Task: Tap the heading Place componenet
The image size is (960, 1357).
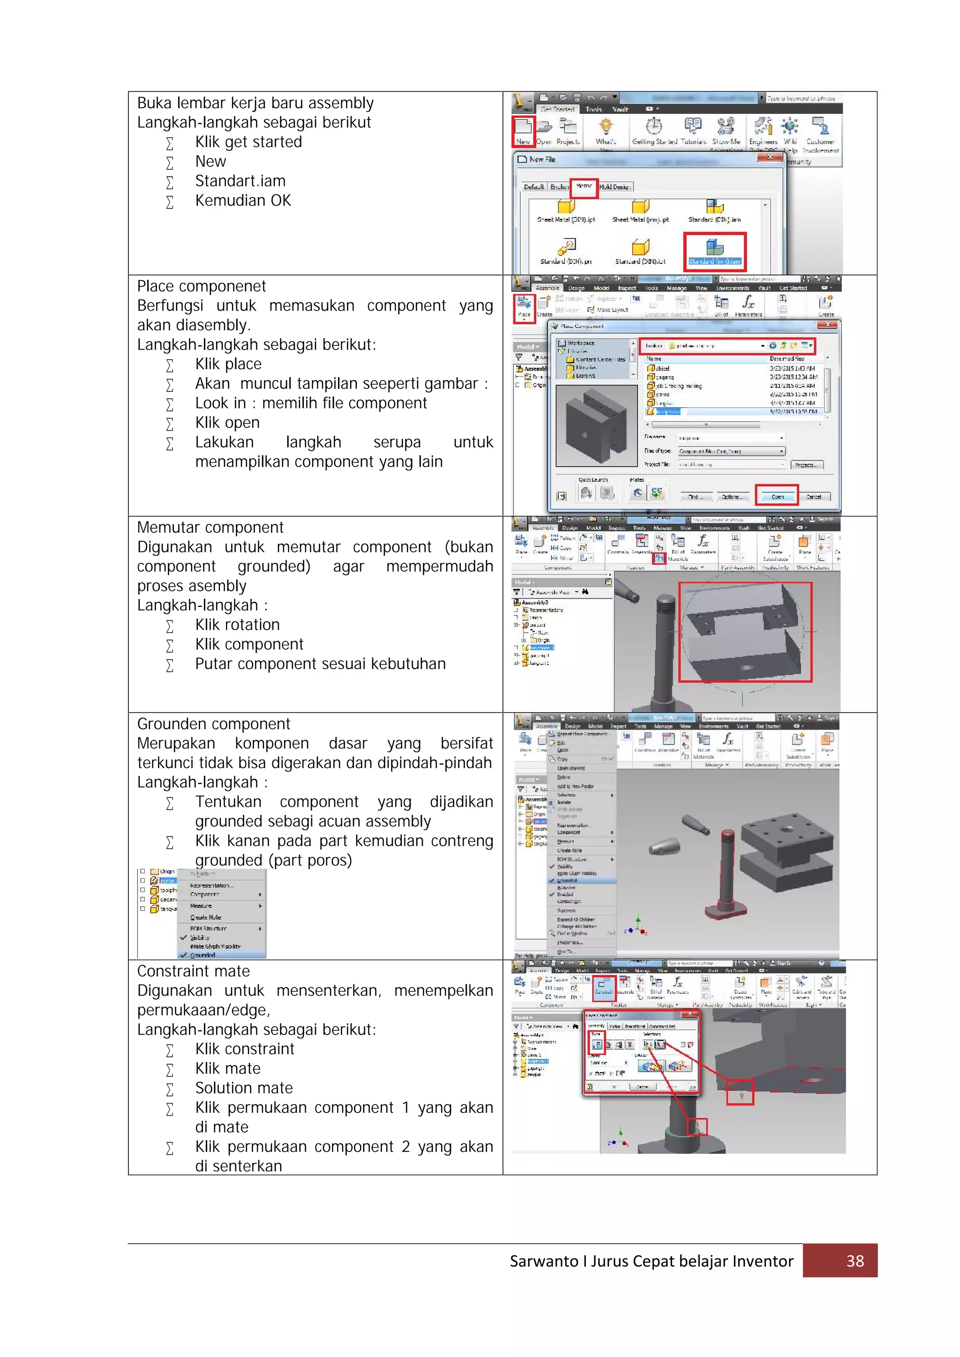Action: [x=202, y=286]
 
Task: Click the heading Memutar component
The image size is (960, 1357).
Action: [x=210, y=527]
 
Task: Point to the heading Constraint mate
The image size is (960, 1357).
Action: [x=193, y=971]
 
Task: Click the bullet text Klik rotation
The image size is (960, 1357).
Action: [x=237, y=625]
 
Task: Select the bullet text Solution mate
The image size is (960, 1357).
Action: [x=244, y=1088]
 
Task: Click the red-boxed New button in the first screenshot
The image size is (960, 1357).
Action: [x=523, y=131]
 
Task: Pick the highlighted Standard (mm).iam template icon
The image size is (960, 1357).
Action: [x=715, y=250]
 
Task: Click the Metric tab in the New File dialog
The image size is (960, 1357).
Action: [x=584, y=187]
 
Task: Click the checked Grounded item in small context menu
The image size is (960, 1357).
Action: [x=203, y=955]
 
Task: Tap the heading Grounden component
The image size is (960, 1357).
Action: [x=213, y=724]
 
